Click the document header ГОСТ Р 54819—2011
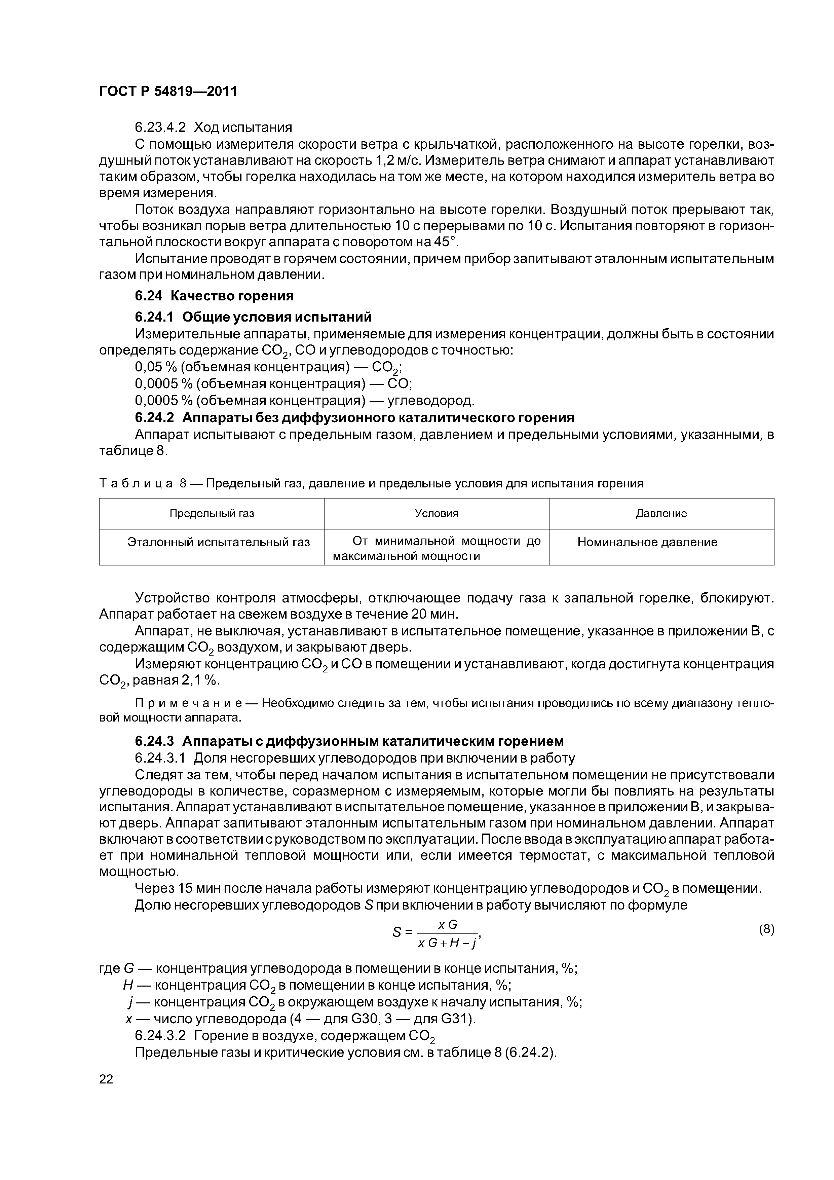pos(168,91)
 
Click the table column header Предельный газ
pos(212,513)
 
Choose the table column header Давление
pos(661,513)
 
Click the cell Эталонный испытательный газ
pos(219,542)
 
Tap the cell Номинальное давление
pos(647,542)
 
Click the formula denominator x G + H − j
pos(448,944)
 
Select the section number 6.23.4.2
pos(160,127)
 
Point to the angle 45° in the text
pos(444,242)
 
